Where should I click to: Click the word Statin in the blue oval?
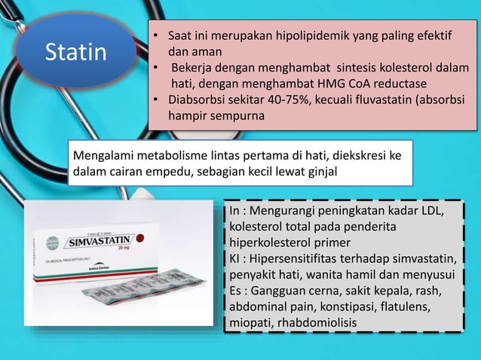75,53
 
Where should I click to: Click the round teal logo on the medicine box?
51,243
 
